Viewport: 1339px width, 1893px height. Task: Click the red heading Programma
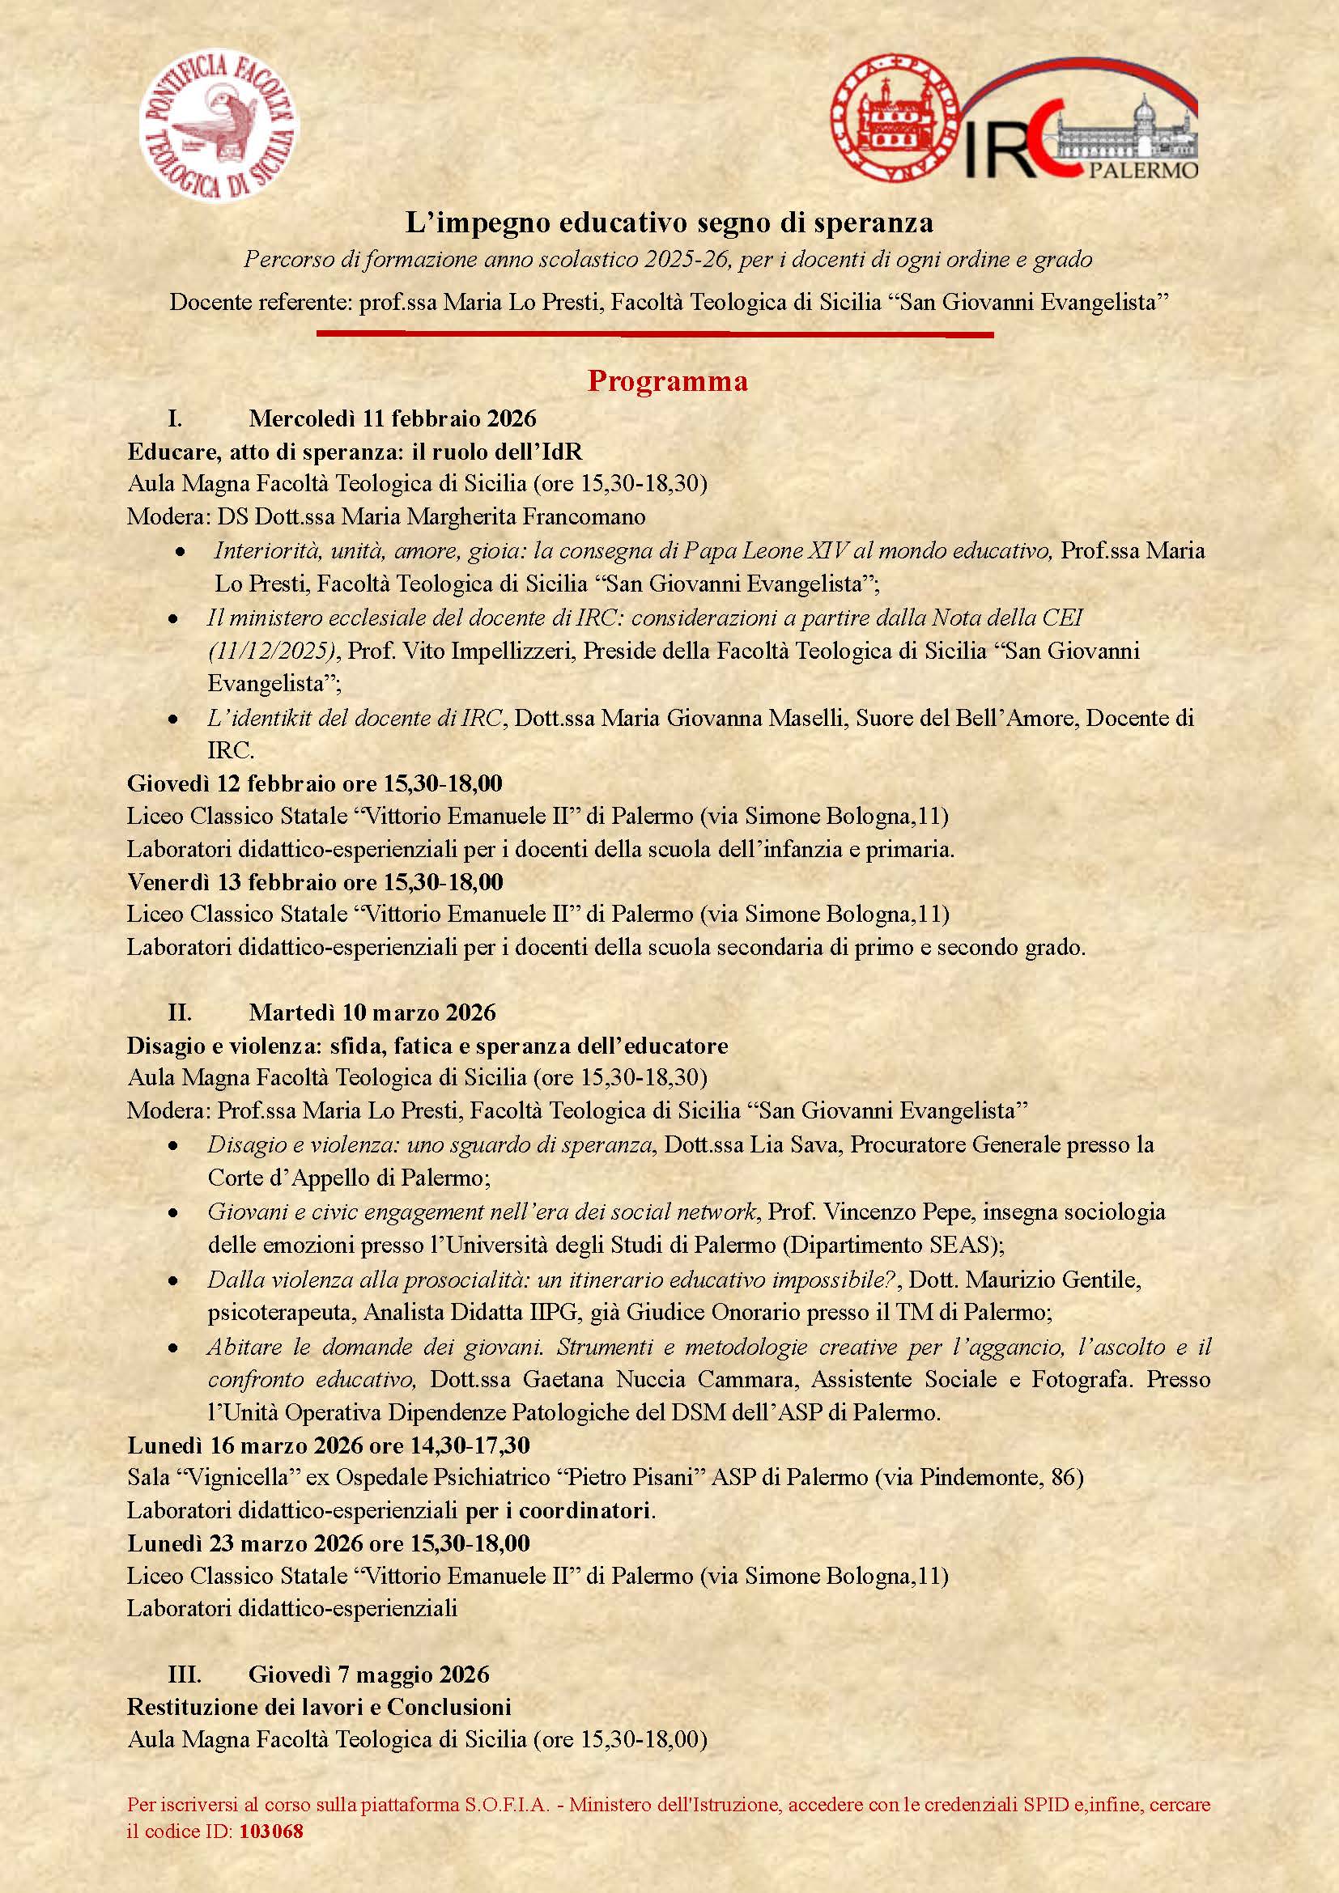(x=667, y=381)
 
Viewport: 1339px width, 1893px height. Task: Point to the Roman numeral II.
(x=179, y=1012)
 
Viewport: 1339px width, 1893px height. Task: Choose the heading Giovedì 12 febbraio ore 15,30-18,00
(x=315, y=783)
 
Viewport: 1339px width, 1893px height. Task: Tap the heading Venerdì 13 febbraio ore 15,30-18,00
(x=315, y=881)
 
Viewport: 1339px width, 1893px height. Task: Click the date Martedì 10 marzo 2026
(x=372, y=1012)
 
